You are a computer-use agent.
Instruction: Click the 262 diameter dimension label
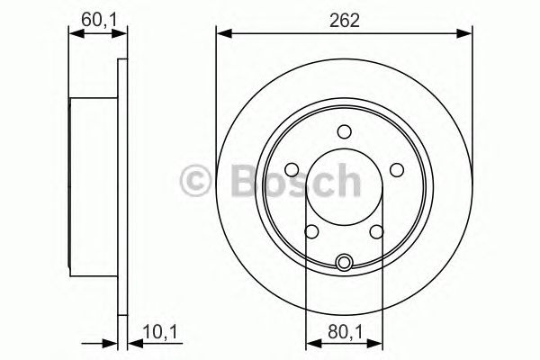344,19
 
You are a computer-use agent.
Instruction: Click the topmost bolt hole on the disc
344,131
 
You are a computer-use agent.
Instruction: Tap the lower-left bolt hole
312,231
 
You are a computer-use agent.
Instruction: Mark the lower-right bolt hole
375,231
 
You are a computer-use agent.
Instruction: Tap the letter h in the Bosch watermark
345,180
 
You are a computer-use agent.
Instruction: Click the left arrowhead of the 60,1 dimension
75,34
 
